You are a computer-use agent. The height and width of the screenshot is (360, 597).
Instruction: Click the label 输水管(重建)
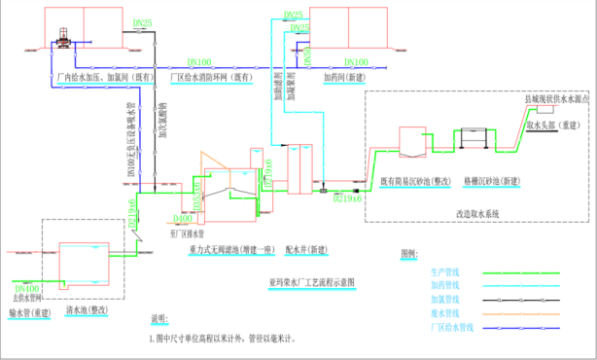[x=28, y=313]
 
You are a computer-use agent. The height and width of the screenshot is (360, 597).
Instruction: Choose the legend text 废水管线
[x=443, y=313]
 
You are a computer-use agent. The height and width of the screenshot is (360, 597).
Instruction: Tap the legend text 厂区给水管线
[x=447, y=327]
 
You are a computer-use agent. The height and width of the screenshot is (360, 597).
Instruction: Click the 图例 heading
[x=406, y=253]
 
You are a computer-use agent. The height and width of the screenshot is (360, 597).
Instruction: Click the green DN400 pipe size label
[x=183, y=218]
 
